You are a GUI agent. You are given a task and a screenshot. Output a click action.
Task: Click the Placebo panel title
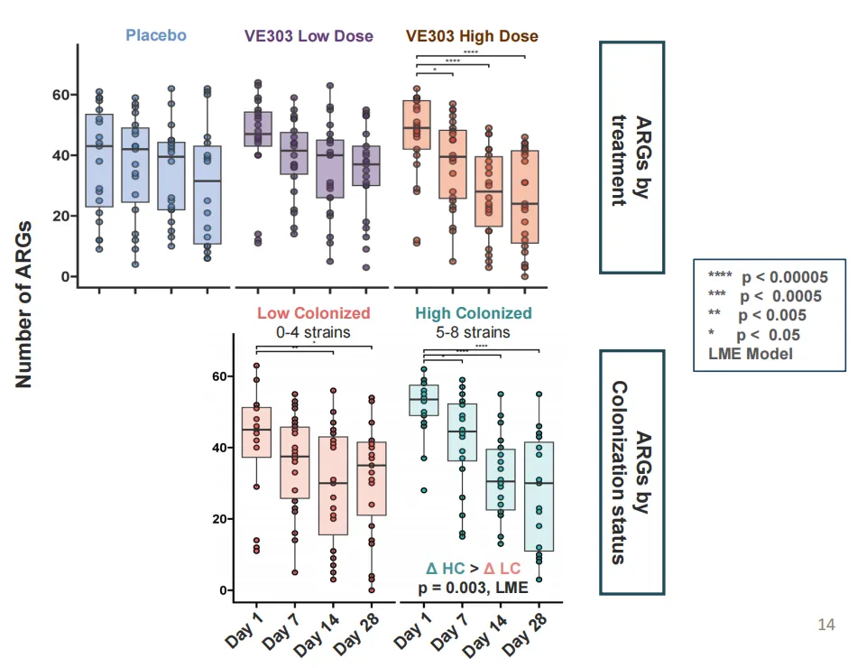click(x=156, y=36)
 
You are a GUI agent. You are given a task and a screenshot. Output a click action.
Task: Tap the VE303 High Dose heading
click(x=472, y=36)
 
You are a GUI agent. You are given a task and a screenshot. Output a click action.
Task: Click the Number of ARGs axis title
click(x=24, y=303)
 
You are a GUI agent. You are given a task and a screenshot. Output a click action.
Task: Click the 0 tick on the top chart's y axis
click(x=63, y=276)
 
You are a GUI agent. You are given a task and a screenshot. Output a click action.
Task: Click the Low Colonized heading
click(x=313, y=313)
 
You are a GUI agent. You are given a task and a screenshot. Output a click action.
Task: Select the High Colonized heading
click(x=474, y=313)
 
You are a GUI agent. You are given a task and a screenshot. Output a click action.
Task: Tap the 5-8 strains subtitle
click(x=474, y=332)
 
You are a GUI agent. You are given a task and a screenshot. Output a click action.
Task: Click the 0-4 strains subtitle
click(x=313, y=332)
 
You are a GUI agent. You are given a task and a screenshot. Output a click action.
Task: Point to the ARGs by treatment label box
click(x=631, y=157)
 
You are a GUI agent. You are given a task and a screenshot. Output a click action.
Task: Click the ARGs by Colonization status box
click(x=631, y=472)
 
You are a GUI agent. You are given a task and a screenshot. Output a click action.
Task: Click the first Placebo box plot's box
click(x=99, y=161)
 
